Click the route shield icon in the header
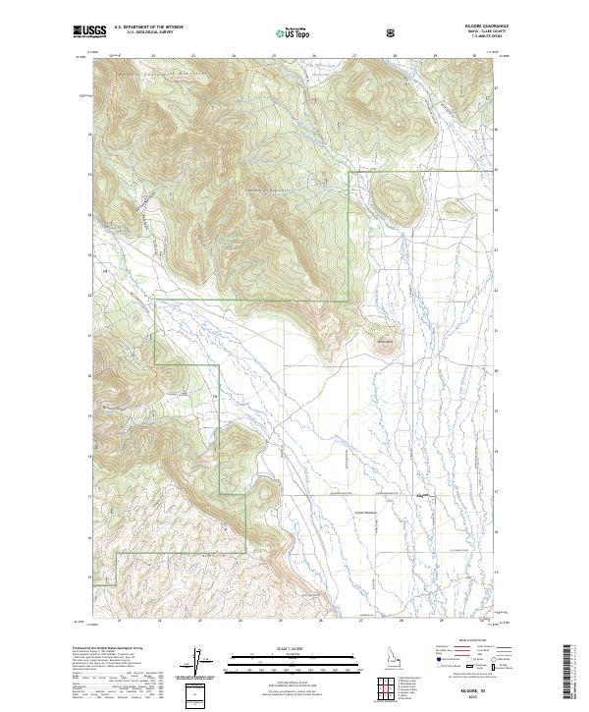[x=393, y=32]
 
